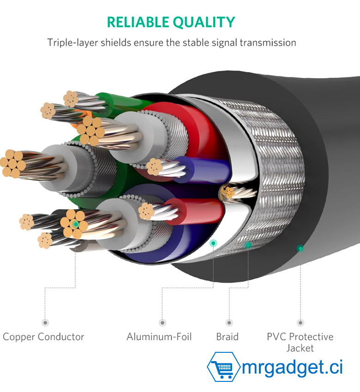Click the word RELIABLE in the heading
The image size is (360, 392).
[138, 22]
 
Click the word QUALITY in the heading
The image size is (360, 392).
[204, 22]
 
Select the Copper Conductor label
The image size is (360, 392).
[43, 337]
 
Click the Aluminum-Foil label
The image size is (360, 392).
[159, 337]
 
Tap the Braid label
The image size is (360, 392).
[227, 337]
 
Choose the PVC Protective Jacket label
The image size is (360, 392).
[300, 342]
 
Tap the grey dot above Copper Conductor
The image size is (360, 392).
[45, 322]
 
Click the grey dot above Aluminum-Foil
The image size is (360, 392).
[162, 322]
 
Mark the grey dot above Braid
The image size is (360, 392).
[229, 322]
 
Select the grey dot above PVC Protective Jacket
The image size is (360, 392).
[300, 322]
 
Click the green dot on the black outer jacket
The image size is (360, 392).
[300, 248]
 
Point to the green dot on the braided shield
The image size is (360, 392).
[248, 245]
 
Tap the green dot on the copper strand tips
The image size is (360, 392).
[76, 224]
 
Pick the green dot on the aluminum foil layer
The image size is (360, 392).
[213, 243]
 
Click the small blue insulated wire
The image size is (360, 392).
[200, 170]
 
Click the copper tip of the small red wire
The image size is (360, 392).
[146, 212]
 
